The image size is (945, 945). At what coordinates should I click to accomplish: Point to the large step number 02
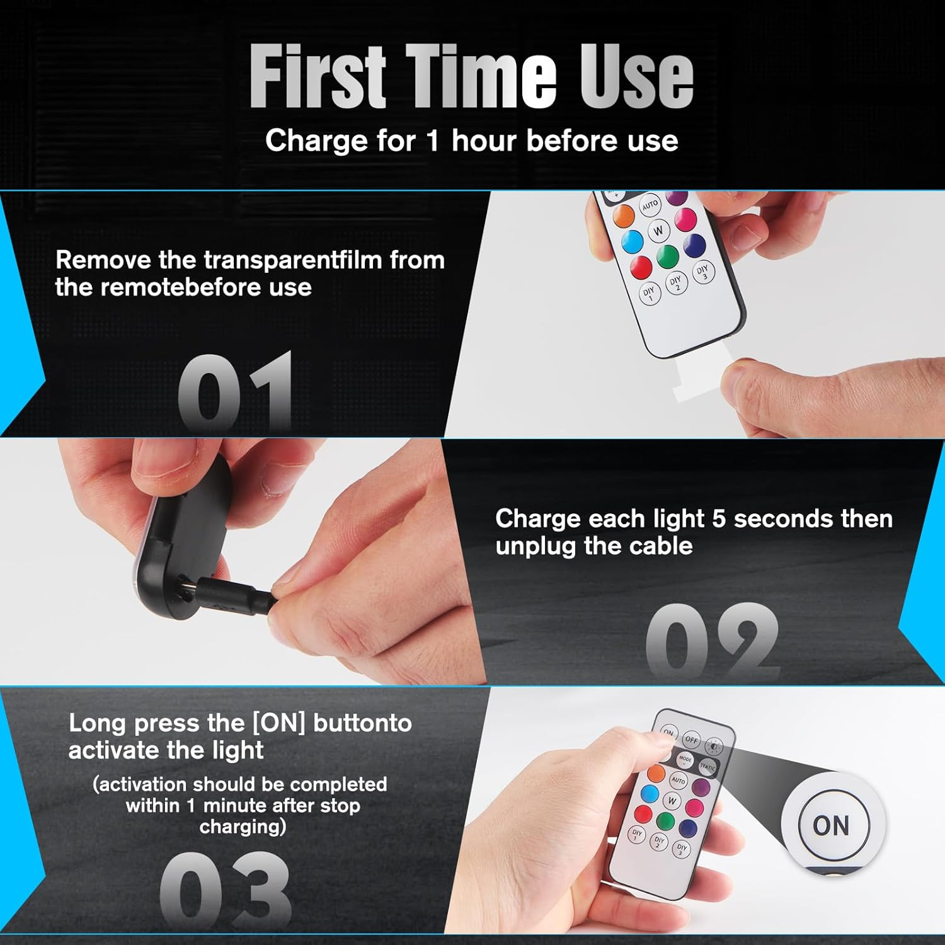click(x=713, y=639)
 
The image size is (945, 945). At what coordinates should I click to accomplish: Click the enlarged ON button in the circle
click(x=832, y=825)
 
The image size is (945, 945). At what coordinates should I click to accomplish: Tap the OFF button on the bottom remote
click(x=691, y=740)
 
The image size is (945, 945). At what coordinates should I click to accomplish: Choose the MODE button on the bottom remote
click(x=685, y=760)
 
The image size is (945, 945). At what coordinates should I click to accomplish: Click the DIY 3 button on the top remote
click(x=704, y=273)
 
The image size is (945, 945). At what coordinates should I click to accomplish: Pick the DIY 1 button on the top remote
click(x=649, y=294)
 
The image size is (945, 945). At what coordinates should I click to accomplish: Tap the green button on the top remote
click(x=667, y=255)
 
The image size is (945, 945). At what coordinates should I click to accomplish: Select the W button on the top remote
click(x=658, y=231)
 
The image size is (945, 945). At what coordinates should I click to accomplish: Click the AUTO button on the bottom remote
click(x=679, y=780)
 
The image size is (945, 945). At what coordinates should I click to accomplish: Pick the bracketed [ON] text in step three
click(x=278, y=723)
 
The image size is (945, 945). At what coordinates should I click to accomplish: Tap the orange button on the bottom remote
click(x=656, y=773)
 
